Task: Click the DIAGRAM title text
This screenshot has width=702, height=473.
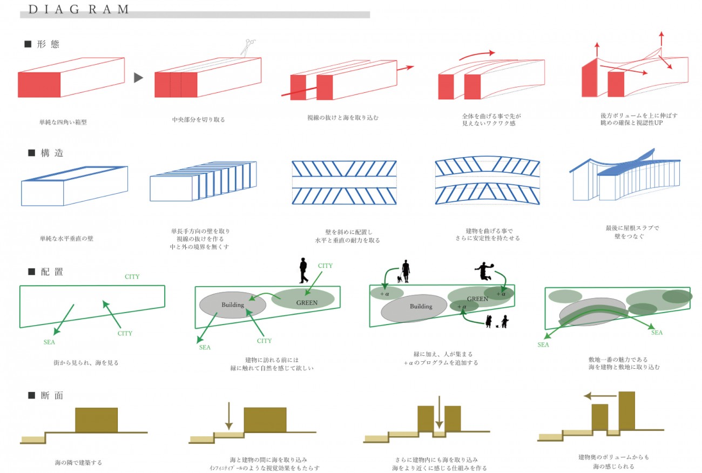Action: tap(78, 9)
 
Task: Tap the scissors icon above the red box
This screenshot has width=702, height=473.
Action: tap(249, 47)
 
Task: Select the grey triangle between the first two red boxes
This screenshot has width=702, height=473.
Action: tap(138, 78)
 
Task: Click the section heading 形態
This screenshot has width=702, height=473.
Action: tap(48, 45)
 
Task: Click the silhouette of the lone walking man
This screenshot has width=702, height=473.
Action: tap(304, 271)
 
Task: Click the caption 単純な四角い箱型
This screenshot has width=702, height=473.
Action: tap(63, 123)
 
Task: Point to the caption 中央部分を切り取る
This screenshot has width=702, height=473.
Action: tap(195, 119)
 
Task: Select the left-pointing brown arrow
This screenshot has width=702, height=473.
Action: tap(599, 395)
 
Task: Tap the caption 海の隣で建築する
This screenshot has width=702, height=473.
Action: tap(78, 463)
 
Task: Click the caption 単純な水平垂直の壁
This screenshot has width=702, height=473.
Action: tap(66, 238)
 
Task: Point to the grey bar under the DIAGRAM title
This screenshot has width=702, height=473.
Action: tap(194, 15)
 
